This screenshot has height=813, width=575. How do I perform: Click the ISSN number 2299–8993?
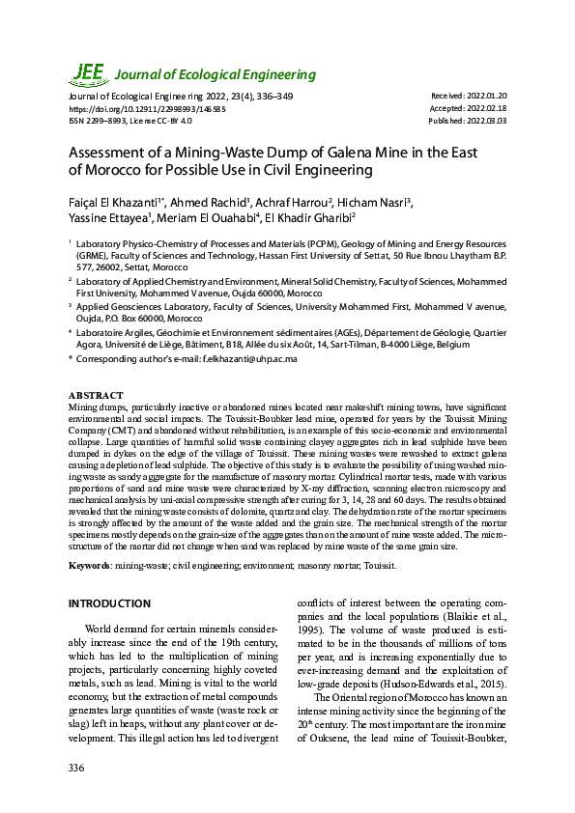[109, 121]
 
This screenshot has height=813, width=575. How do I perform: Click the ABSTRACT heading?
[96, 396]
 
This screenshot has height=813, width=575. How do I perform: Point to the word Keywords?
[89, 563]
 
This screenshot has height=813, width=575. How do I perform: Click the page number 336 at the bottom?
[76, 768]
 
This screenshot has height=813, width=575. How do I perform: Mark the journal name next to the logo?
[216, 75]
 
